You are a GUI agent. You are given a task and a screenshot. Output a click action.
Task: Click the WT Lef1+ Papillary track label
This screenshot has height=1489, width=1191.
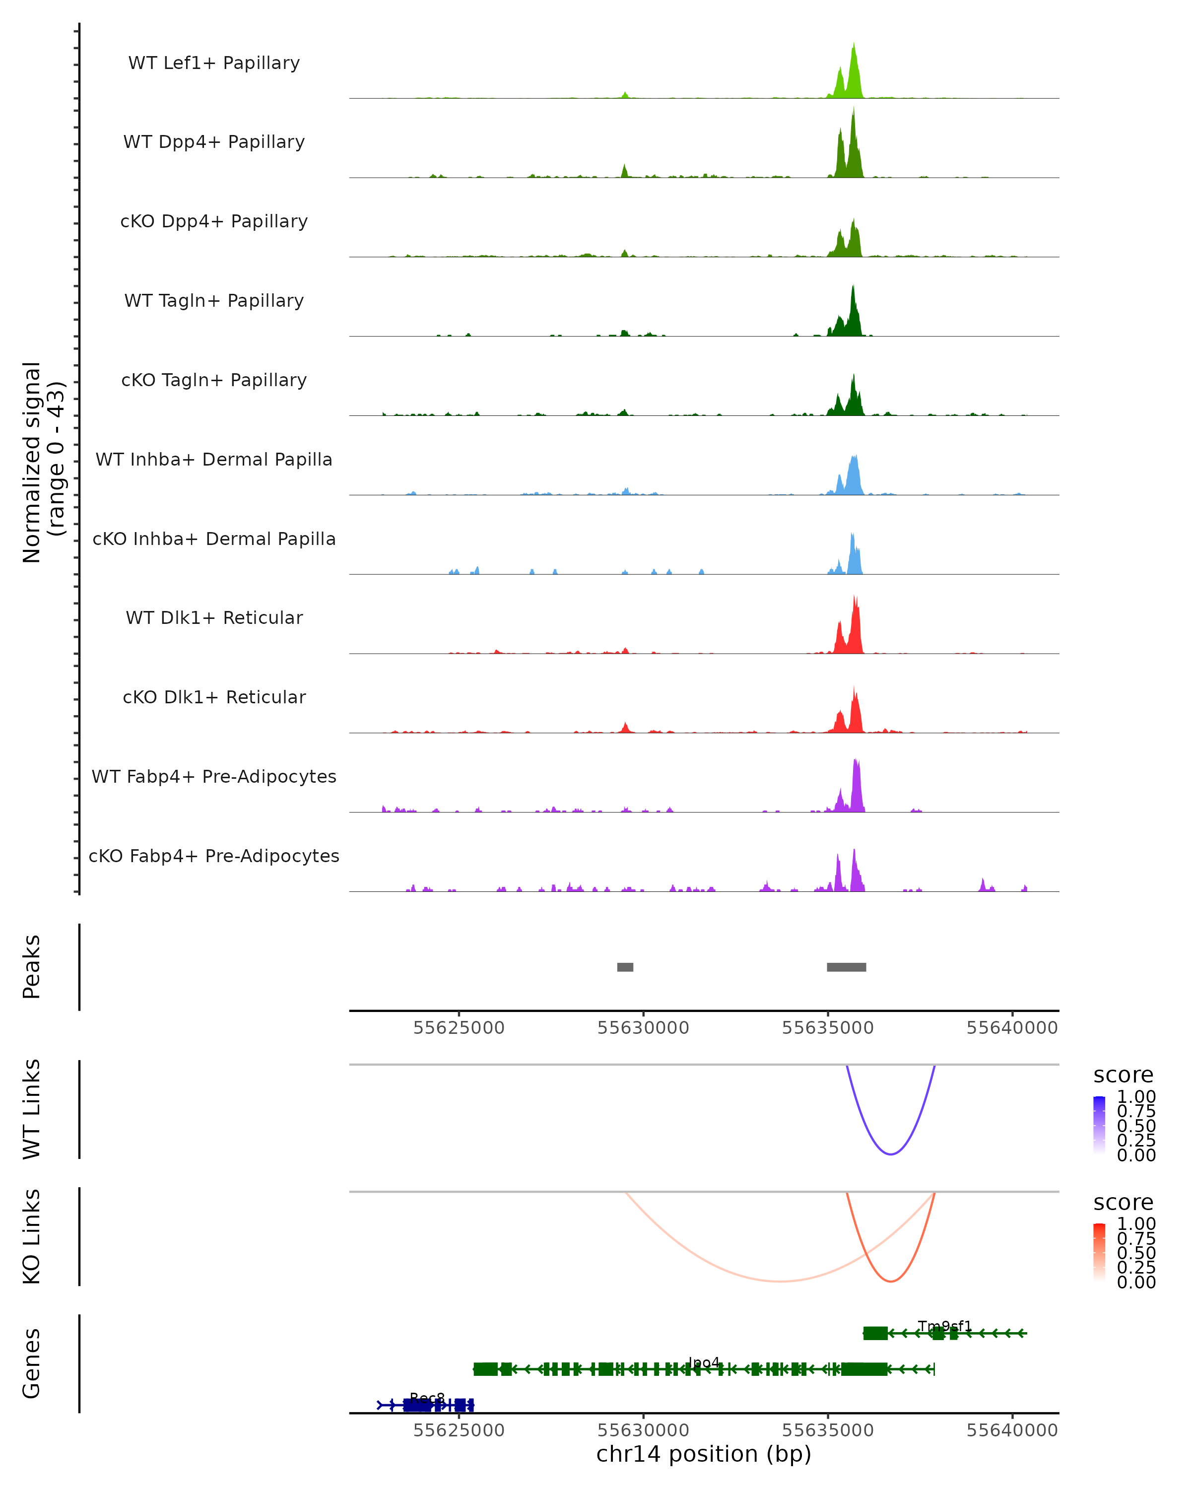pos(214,63)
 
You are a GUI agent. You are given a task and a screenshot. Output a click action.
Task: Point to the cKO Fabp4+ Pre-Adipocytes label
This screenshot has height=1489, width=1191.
pos(214,856)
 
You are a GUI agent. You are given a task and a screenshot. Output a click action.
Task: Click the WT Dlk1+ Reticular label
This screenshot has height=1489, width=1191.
pos(214,617)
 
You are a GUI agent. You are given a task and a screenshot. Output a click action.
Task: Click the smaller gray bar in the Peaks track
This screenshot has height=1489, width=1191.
pos(625,967)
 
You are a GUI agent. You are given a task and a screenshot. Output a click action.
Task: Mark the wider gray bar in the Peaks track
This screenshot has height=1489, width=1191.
pos(847,967)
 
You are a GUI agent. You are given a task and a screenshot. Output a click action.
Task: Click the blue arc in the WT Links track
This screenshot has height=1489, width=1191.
pos(891,1154)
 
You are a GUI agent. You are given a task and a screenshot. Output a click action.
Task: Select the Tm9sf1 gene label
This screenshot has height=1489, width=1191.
pos(944,1326)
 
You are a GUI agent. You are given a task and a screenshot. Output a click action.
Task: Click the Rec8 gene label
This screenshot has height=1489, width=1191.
pos(427,1398)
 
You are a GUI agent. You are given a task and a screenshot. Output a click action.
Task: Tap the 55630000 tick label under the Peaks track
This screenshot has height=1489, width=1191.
pos(643,1028)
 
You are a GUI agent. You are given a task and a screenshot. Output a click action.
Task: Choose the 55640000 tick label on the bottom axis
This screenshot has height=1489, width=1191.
pos(1011,1430)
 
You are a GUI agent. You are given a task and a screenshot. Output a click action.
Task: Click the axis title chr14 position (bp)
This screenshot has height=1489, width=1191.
pos(704,1454)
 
